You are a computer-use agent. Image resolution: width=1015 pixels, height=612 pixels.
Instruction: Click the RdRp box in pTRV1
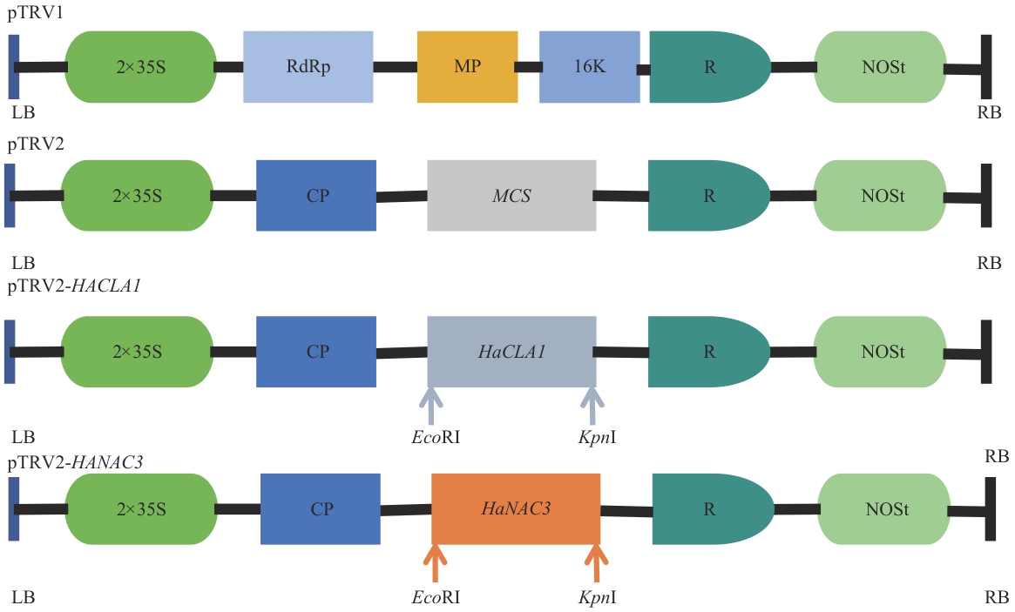(308, 67)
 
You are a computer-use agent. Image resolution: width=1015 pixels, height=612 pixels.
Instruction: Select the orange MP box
(467, 67)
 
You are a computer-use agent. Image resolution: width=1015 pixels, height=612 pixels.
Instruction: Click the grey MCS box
(511, 196)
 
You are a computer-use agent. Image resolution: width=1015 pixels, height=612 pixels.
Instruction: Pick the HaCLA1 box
(511, 352)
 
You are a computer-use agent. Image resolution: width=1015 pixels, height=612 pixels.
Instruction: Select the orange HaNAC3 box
(516, 508)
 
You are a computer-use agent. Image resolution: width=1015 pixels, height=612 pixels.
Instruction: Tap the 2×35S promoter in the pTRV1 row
(140, 67)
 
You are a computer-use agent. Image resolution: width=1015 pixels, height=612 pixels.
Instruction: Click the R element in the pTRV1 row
(707, 67)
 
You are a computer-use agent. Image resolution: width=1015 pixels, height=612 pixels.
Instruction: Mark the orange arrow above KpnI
(596, 562)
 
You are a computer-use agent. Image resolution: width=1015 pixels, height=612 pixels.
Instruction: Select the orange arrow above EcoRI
(435, 562)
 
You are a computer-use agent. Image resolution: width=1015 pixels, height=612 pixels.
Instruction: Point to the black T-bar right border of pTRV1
(985, 67)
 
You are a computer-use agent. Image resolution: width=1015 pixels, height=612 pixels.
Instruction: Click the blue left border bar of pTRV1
(13, 67)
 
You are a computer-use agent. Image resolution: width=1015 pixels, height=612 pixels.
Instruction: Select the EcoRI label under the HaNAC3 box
(435, 599)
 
